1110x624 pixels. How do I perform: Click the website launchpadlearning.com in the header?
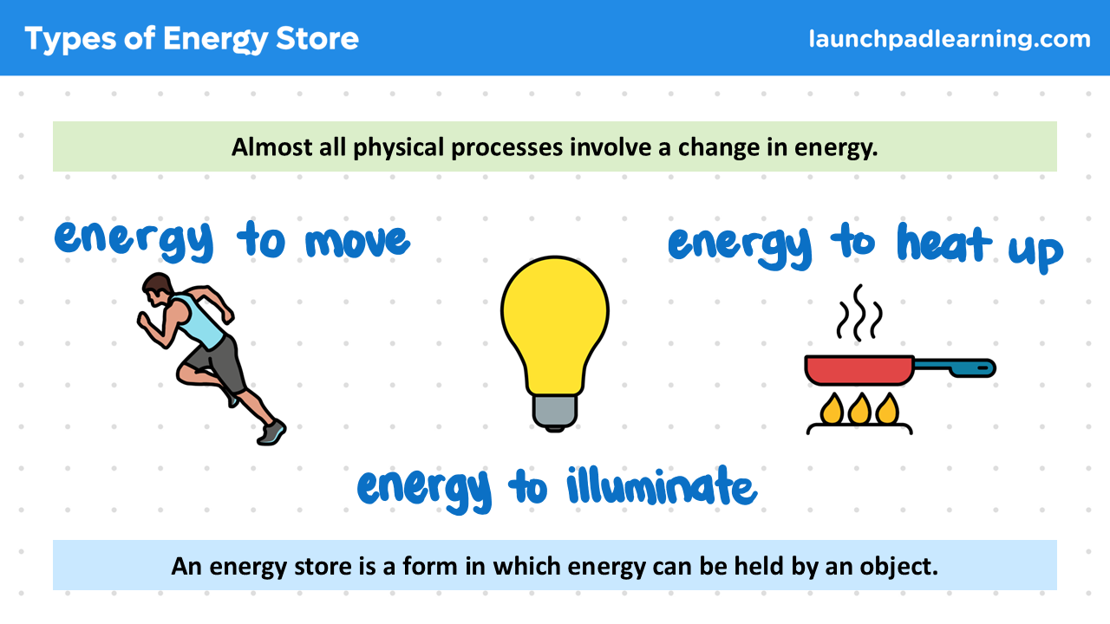pyautogui.click(x=950, y=39)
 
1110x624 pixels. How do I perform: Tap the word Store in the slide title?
pyautogui.click(x=317, y=39)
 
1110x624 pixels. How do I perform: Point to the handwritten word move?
pyautogui.click(x=358, y=241)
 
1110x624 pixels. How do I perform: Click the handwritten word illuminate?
pyautogui.click(x=662, y=486)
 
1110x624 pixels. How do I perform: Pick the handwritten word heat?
pyautogui.click(x=944, y=243)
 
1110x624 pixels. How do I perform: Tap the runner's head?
pyautogui.click(x=157, y=289)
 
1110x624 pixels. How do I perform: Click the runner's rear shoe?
pyautogui.click(x=271, y=432)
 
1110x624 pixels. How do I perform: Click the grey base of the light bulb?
pyautogui.click(x=554, y=412)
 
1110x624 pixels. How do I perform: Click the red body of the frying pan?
pyautogui.click(x=859, y=370)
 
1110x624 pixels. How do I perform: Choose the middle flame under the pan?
pyautogui.click(x=859, y=408)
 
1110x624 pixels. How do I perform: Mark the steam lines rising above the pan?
pyautogui.click(x=859, y=313)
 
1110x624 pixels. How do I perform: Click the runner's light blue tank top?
pyautogui.click(x=200, y=321)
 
